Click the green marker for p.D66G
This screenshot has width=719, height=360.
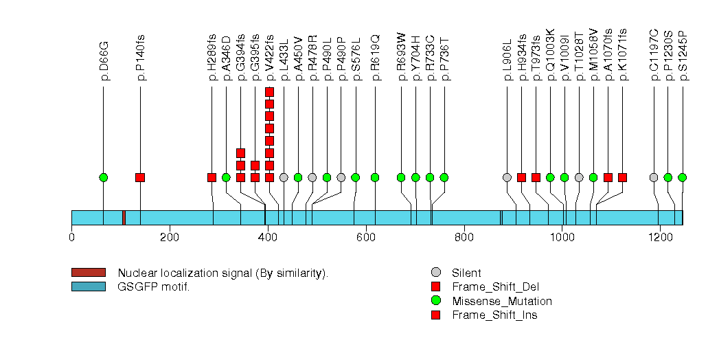(x=104, y=177)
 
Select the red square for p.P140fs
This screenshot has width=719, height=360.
(x=140, y=177)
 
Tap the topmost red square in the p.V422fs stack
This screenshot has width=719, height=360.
(x=269, y=92)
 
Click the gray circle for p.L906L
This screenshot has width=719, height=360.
(x=507, y=177)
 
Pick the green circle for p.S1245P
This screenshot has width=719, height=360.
(x=682, y=177)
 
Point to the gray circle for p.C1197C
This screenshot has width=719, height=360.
(x=654, y=177)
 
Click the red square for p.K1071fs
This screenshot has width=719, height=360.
(x=622, y=177)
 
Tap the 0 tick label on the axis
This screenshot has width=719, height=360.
(x=71, y=238)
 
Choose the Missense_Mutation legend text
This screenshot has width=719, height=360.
(x=501, y=301)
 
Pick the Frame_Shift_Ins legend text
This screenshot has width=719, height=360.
(x=494, y=315)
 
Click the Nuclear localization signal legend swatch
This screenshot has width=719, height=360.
(x=88, y=273)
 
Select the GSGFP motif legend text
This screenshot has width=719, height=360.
(x=154, y=286)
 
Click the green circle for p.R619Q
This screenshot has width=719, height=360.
(x=375, y=177)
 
